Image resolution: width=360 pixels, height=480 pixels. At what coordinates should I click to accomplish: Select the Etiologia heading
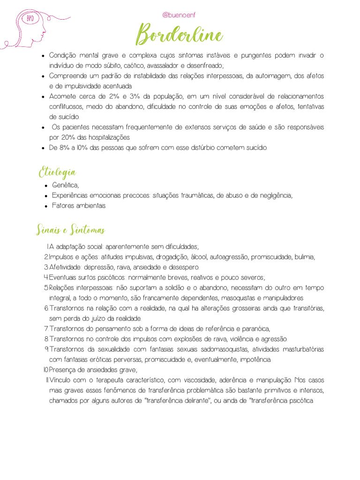tap(57, 172)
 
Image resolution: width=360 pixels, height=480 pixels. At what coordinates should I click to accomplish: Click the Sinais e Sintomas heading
tap(71, 230)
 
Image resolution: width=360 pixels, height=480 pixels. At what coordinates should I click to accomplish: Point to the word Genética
tap(65, 185)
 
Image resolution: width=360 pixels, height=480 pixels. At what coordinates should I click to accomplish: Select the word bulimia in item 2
tap(305, 257)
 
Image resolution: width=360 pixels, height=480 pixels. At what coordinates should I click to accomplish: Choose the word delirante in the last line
tap(193, 401)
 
